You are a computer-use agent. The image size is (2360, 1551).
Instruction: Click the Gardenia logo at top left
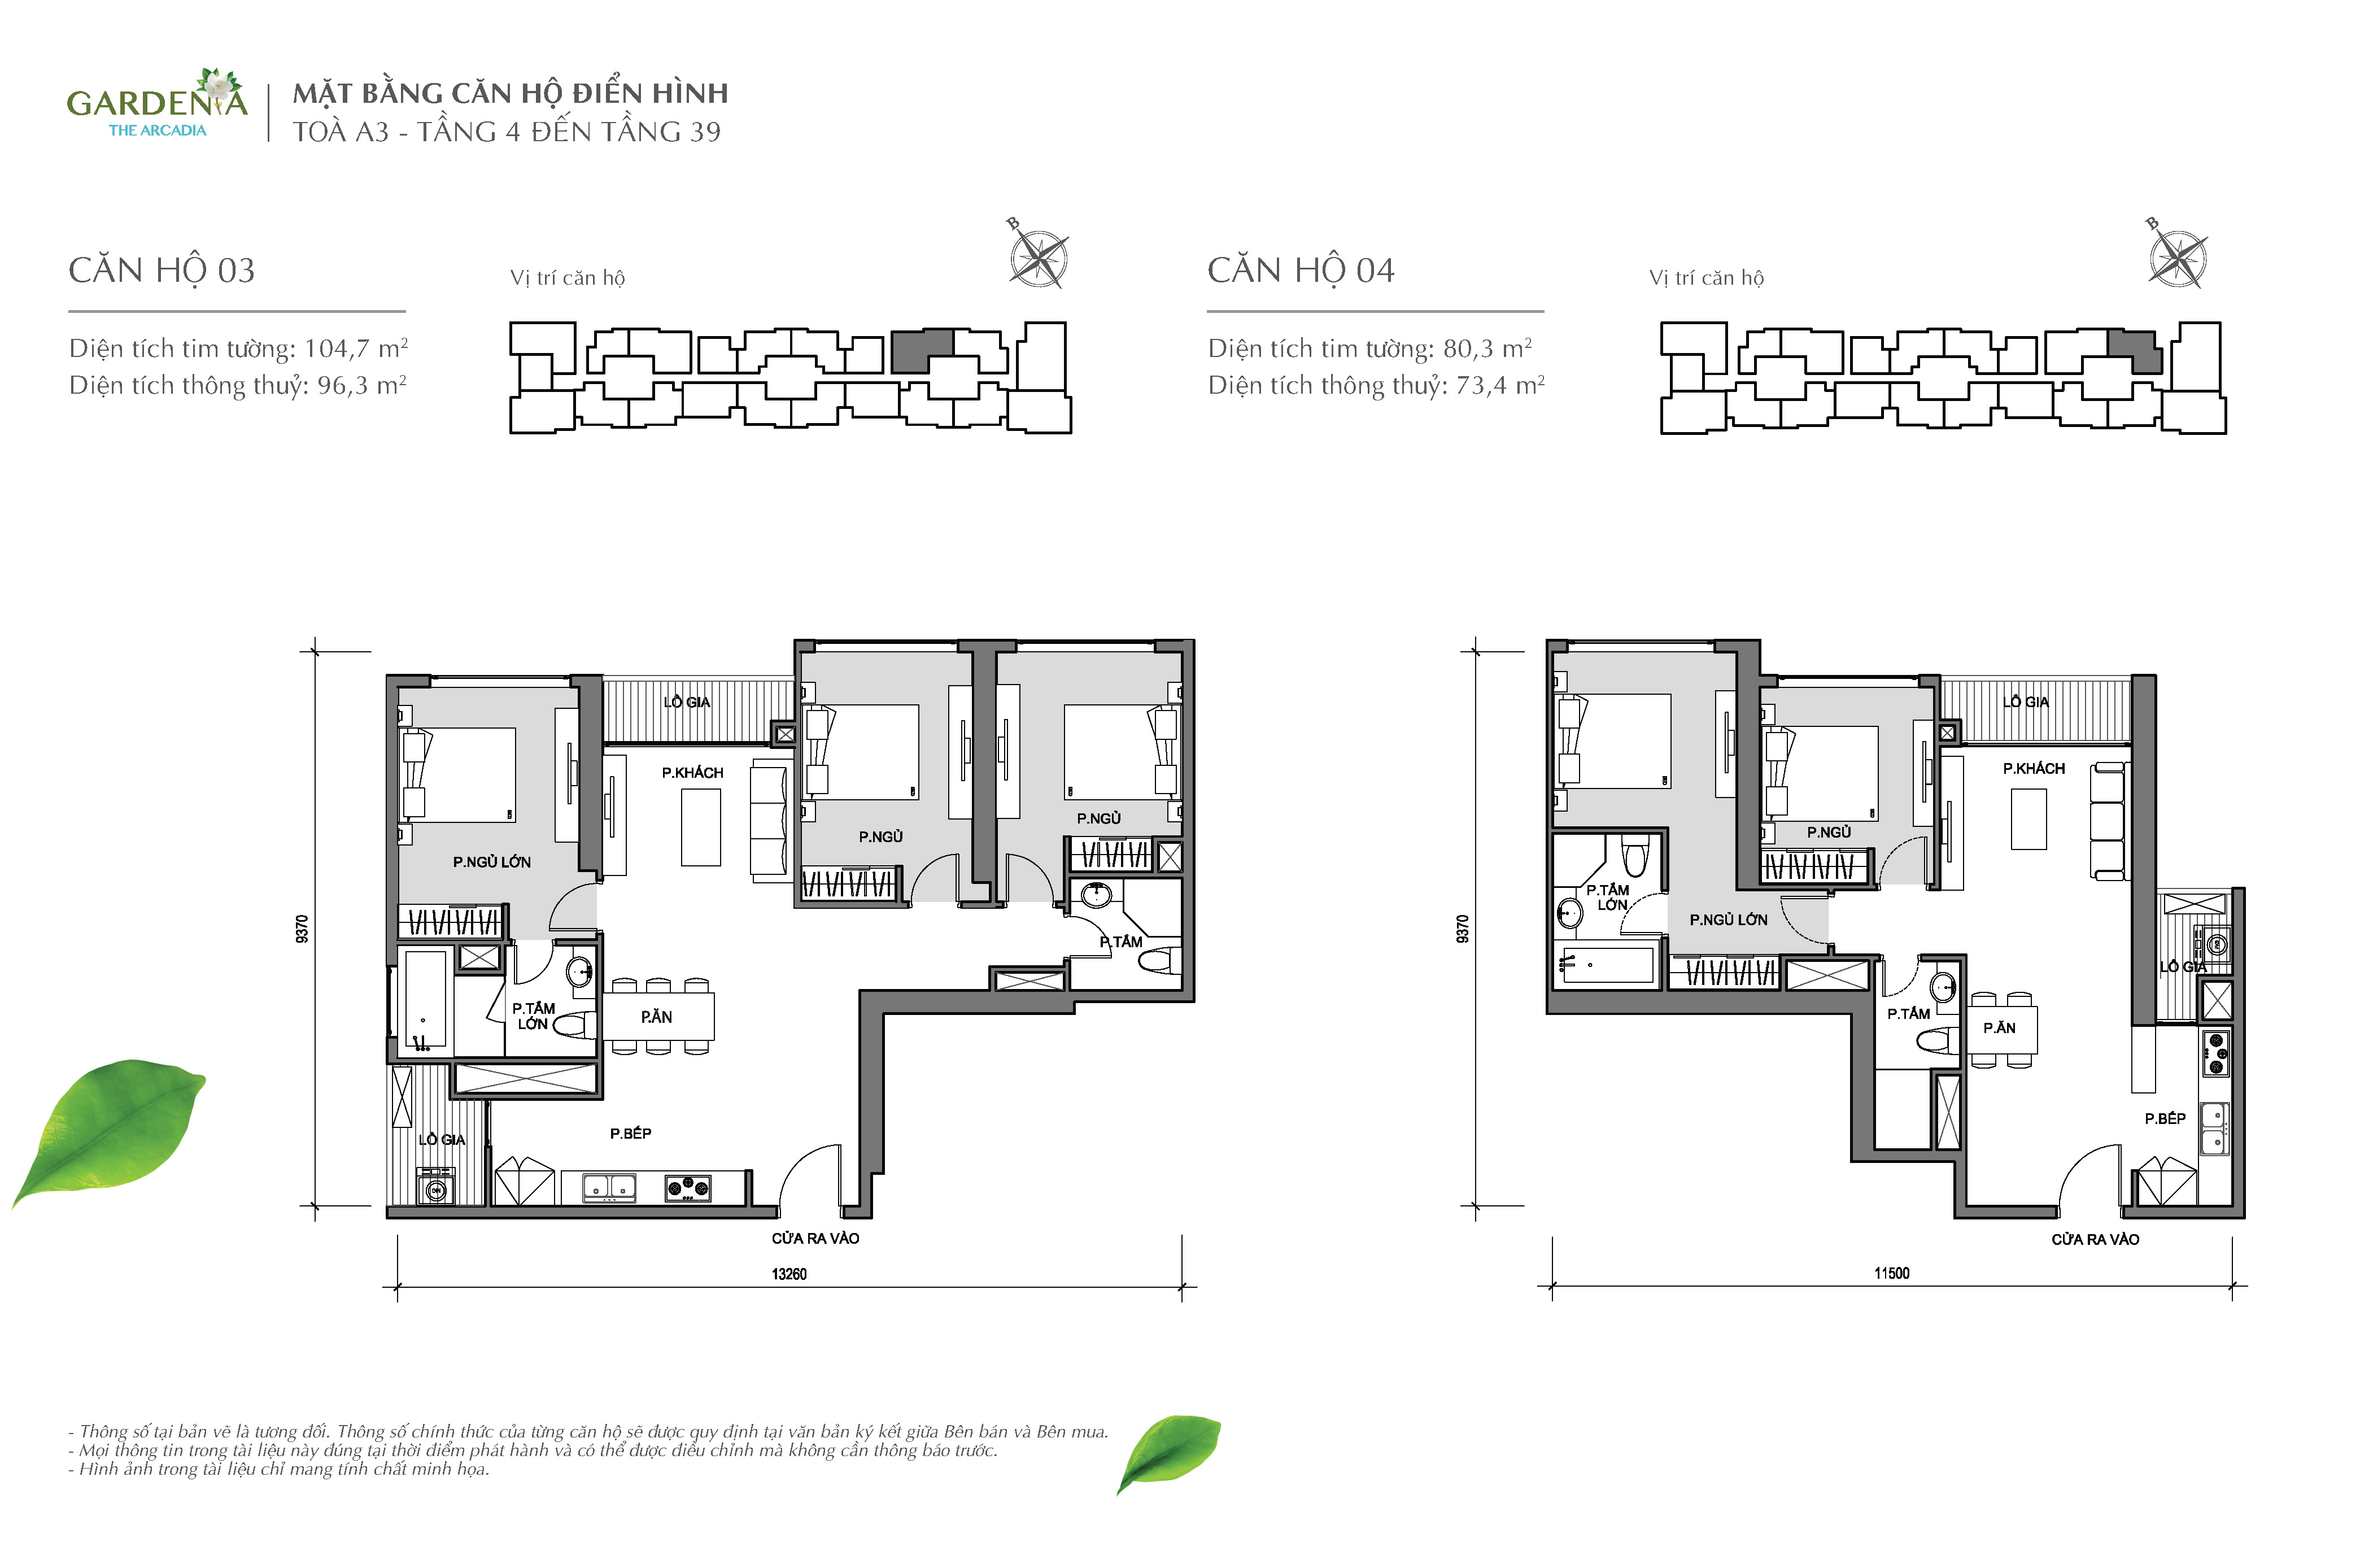tap(156, 103)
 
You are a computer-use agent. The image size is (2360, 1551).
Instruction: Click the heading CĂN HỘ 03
tap(162, 270)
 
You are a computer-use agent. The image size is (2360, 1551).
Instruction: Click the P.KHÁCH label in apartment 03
tap(692, 773)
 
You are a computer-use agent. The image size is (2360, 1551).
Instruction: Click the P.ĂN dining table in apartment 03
tap(656, 1017)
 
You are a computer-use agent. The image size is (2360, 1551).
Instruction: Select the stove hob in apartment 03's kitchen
tap(688, 1186)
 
